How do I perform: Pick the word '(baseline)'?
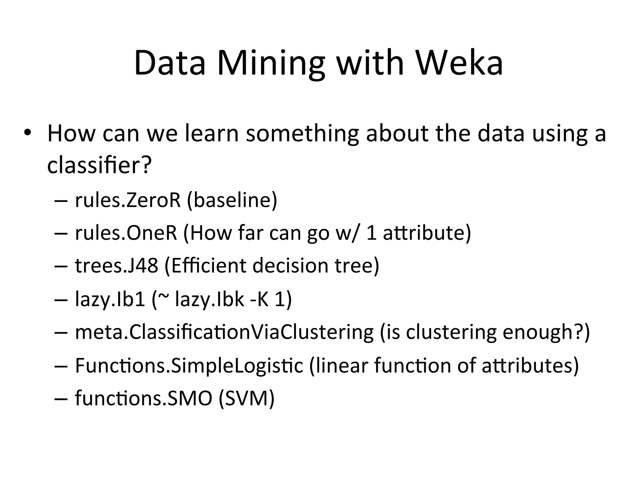232,201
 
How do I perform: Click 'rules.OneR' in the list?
126,233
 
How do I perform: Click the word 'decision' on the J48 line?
290,265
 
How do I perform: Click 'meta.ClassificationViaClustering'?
224,332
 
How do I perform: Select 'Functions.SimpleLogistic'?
189,365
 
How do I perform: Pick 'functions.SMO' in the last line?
143,398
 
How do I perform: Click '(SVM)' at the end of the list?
247,398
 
